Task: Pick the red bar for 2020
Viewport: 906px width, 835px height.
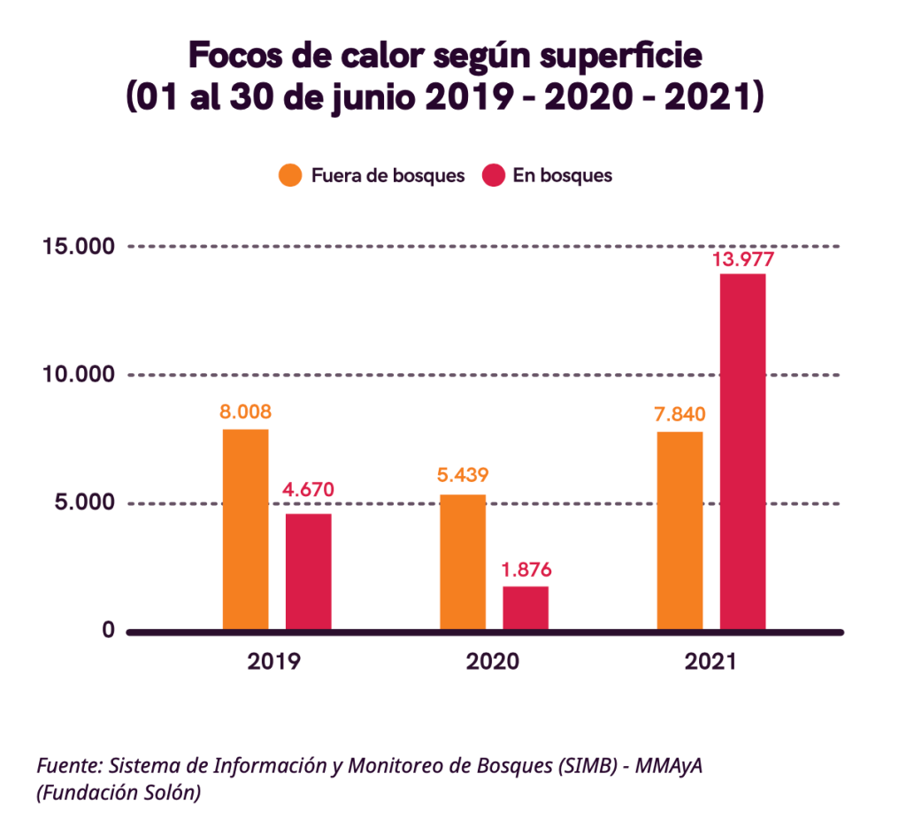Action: pos(526,608)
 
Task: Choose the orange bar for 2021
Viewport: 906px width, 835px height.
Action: pos(679,531)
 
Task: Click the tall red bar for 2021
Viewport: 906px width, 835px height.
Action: pos(742,452)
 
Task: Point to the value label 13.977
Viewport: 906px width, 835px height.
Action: pos(743,259)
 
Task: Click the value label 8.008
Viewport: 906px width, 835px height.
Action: pos(245,411)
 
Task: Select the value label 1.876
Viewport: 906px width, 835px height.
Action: pos(526,570)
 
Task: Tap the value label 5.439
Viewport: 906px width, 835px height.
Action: pos(463,475)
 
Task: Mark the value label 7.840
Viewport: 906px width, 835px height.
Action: pos(680,415)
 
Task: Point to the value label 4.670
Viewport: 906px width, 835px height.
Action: pos(308,489)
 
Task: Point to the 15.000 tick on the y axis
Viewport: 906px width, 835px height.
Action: pos(79,246)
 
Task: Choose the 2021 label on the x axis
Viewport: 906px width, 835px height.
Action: pos(710,662)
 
